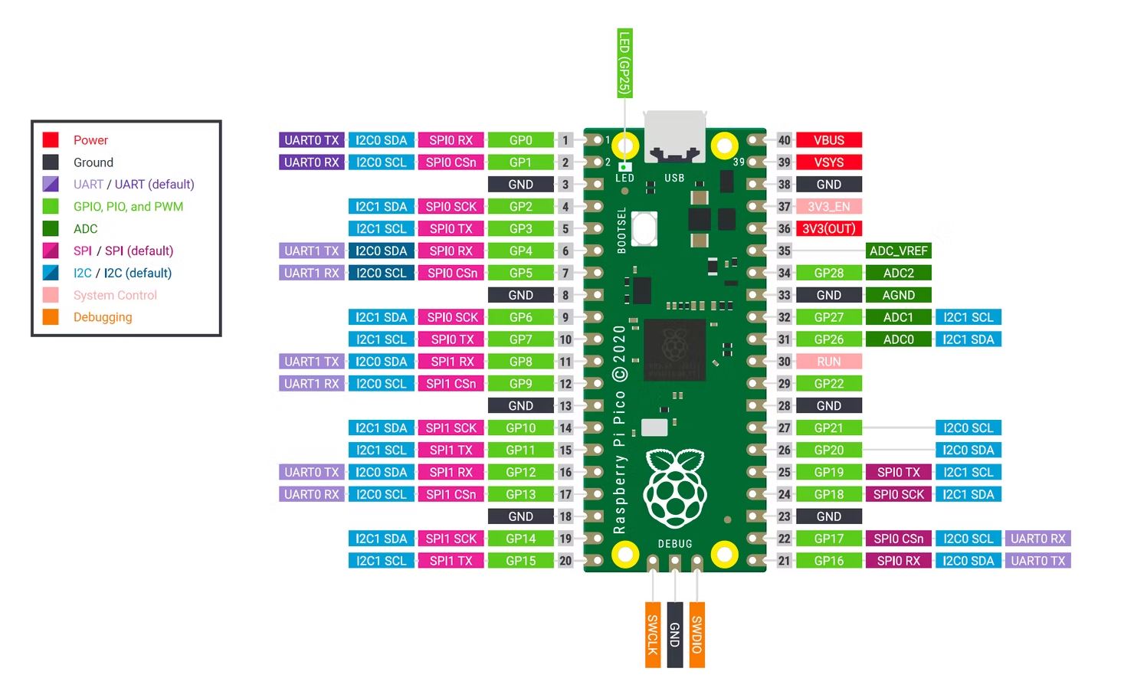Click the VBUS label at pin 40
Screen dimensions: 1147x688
point(828,139)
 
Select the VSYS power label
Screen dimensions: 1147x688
point(828,162)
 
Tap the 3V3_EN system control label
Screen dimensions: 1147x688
point(828,206)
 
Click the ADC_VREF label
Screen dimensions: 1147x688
point(898,251)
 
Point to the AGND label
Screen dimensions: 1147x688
point(898,295)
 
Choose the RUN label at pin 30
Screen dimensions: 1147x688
point(828,362)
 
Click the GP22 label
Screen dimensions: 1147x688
point(828,383)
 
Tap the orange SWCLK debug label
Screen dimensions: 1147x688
point(653,635)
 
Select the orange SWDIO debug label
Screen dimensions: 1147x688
point(697,635)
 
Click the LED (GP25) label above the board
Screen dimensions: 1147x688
point(624,63)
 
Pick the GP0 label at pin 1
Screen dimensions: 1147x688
point(521,139)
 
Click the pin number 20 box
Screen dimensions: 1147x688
point(565,561)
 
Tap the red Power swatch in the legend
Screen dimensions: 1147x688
point(51,139)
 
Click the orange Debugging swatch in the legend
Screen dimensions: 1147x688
point(51,317)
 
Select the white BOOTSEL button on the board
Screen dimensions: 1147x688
point(644,228)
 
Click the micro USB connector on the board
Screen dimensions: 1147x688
point(675,136)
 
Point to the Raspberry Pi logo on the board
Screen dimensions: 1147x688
point(675,489)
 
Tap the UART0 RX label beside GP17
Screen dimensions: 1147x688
point(1038,539)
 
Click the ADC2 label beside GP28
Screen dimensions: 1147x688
point(898,273)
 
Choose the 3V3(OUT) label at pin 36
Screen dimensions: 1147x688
point(828,228)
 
